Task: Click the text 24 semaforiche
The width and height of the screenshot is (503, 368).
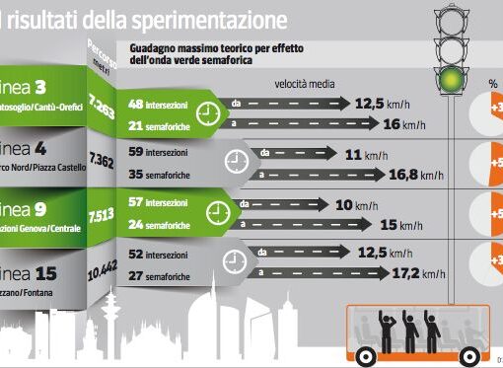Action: pos(162,225)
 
